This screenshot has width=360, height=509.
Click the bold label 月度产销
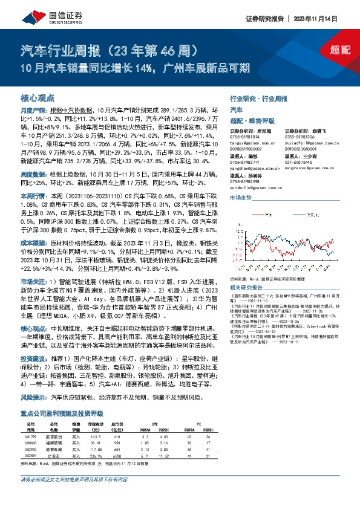pos(30,111)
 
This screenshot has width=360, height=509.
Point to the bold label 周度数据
pos(30,173)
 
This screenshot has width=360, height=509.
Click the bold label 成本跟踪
pos(30,242)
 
